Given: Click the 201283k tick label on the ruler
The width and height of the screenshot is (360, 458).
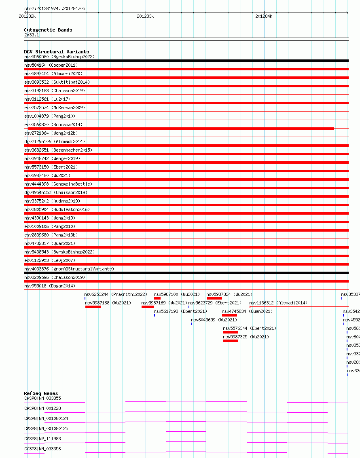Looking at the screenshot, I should [x=145, y=16].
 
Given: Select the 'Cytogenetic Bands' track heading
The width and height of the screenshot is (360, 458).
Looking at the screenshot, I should [x=48, y=30].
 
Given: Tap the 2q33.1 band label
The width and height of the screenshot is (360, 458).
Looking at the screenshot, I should [x=32, y=35].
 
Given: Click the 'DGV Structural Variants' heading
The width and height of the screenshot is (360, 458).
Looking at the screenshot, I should [x=56, y=52].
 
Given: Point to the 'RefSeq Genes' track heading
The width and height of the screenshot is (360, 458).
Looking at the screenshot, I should [x=41, y=393].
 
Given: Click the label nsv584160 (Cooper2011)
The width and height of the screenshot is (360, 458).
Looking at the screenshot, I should [x=51, y=65].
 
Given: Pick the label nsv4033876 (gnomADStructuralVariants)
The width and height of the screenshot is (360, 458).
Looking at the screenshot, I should [x=69, y=269].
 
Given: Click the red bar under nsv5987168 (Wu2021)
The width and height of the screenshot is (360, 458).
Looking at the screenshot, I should [x=93, y=307].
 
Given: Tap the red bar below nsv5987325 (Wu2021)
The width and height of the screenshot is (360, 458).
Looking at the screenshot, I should [x=231, y=341].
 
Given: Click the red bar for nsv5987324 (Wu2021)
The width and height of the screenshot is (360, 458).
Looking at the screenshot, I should [x=214, y=298].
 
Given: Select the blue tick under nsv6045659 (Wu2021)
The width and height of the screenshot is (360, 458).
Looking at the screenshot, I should [x=192, y=324].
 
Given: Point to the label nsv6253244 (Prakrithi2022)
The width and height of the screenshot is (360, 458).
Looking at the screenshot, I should [x=116, y=294].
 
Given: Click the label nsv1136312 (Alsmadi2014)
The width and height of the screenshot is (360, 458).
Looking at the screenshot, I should [x=278, y=303].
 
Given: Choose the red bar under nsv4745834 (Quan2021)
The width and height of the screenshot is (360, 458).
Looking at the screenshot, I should [x=229, y=315].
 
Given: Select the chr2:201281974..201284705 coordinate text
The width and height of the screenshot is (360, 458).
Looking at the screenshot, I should [x=55, y=8].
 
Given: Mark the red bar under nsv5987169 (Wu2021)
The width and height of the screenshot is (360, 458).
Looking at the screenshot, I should [x=147, y=307].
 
